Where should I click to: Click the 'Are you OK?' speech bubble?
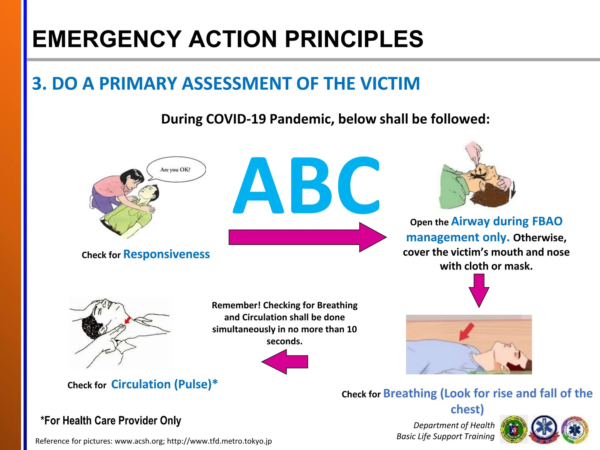[176, 169]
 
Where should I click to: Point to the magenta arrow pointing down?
[479, 290]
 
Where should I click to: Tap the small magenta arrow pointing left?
[285, 362]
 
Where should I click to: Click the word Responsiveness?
[166, 254]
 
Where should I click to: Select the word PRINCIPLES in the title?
[354, 39]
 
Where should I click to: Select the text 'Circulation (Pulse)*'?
[164, 384]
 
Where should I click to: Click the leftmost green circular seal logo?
[514, 429]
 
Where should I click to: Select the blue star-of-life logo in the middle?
[545, 429]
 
